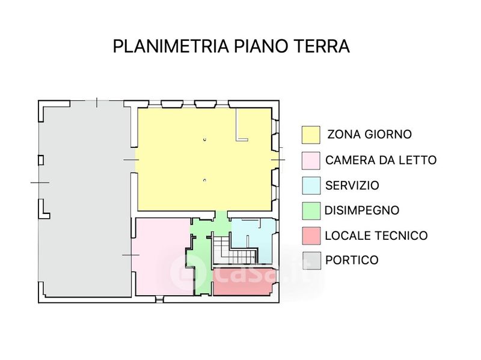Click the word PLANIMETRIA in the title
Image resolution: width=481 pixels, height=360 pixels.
click(171, 46)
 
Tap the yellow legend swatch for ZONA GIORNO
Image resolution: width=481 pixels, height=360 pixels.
click(311, 134)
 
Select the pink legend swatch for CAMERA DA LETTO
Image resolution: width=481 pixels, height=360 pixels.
click(311, 160)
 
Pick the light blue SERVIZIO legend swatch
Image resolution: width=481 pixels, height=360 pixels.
click(311, 185)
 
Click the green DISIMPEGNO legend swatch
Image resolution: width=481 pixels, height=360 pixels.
click(311, 210)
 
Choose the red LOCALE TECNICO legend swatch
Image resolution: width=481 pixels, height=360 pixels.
click(311, 236)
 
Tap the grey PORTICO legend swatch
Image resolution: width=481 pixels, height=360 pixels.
click(311, 260)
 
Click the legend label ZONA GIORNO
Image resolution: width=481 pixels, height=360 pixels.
click(369, 134)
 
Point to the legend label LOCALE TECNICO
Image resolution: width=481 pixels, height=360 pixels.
click(376, 236)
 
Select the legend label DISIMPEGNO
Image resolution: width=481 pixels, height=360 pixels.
click(362, 210)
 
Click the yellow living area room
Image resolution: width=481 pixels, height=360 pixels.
click(204, 159)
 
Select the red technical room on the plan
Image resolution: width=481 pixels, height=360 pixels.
click(242, 282)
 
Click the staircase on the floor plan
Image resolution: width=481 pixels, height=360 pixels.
click(234, 250)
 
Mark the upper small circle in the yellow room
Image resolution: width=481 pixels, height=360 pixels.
click(204, 139)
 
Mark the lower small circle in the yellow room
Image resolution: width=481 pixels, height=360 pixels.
click(204, 180)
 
